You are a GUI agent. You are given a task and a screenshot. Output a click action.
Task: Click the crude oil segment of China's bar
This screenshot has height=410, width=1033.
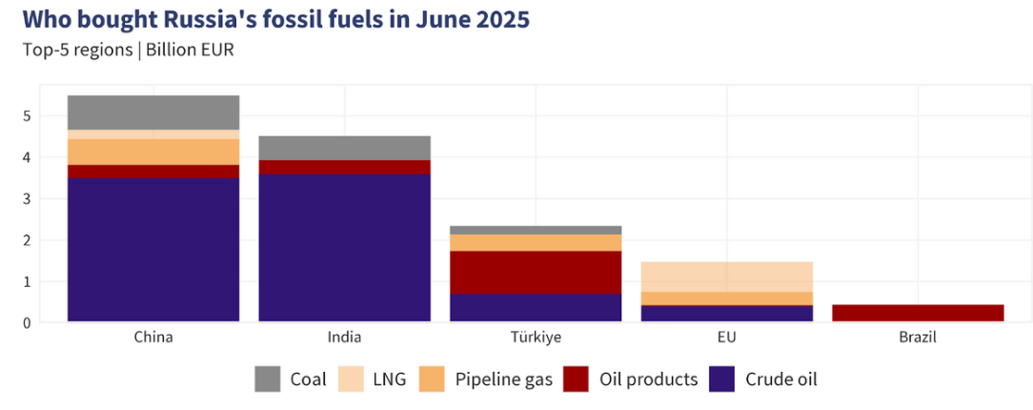coord(153,250)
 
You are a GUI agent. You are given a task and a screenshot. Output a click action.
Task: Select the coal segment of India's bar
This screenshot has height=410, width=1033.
coord(344,148)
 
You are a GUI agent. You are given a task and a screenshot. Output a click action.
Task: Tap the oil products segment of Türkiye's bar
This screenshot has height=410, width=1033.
coord(536,272)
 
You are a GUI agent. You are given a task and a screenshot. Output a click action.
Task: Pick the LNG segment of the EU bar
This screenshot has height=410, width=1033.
coord(726,277)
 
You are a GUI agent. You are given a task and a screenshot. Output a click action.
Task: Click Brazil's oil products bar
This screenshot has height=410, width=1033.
coord(918,313)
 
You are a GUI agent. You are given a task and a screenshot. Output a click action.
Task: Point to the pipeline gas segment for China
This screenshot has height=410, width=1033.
coord(153,152)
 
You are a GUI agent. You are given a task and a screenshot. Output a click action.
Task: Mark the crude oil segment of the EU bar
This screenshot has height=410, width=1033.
coord(726,313)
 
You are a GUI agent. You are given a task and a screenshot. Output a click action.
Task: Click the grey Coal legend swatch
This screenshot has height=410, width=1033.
coord(269,379)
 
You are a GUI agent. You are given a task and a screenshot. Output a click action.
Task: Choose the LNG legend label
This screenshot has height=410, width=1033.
coord(390,379)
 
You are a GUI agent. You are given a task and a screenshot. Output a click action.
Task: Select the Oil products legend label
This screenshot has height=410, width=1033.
coord(648,379)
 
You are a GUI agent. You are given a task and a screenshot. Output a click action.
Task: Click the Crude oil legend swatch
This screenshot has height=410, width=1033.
coord(723,379)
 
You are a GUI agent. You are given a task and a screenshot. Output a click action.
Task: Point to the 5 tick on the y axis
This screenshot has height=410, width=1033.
coord(28,116)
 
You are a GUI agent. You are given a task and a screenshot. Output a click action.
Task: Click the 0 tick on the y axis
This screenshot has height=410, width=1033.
coord(28,322)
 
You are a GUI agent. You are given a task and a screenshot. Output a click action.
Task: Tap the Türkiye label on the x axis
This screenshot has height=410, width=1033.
coord(536,338)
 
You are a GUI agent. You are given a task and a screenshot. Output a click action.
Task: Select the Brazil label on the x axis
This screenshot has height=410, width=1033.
coord(918,338)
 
